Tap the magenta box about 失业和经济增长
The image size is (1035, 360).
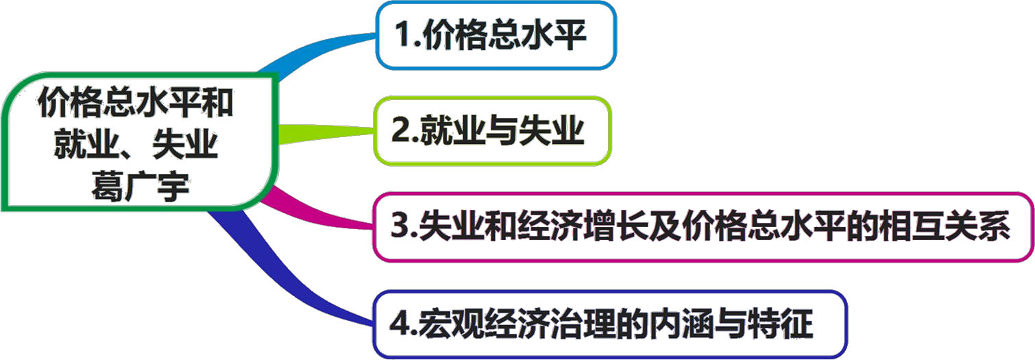click(x=703, y=226)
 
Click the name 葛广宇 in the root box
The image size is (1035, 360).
click(x=140, y=187)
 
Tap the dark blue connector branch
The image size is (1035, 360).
click(x=288, y=274)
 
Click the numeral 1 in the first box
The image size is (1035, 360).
click(x=404, y=35)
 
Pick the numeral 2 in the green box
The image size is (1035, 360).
click(x=400, y=131)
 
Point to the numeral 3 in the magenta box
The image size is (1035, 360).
click(x=400, y=227)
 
